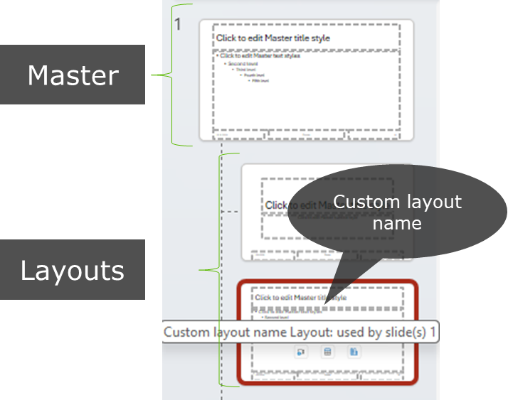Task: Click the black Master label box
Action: (x=72, y=75)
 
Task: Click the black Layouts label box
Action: (x=72, y=270)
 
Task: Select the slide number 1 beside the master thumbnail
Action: (x=178, y=24)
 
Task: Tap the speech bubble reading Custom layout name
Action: (x=396, y=212)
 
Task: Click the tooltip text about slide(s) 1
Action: (x=299, y=333)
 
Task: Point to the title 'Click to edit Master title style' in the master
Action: (x=273, y=38)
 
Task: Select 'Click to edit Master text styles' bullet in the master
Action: (x=260, y=55)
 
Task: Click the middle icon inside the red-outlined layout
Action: (x=327, y=352)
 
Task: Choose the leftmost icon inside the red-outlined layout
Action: (x=301, y=352)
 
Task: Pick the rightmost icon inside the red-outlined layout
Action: (x=354, y=352)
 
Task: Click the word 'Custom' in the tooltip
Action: (x=183, y=333)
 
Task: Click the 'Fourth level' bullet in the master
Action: (x=251, y=75)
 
